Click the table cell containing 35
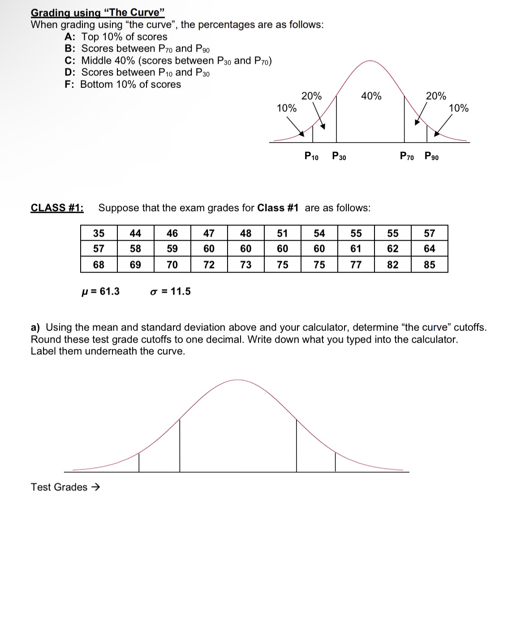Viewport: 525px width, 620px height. pos(99,233)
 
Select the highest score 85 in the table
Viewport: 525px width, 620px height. pos(429,264)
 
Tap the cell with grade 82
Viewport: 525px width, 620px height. pos(392,264)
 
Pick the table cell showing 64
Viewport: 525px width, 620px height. pos(429,249)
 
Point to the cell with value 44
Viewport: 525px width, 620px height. pos(135,233)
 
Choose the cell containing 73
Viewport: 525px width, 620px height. pos(245,264)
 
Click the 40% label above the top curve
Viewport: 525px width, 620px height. pos(371,96)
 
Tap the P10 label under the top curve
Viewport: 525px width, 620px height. pos(311,156)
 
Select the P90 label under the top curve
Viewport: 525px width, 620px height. pos(431,156)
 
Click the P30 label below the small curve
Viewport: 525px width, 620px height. pos(339,156)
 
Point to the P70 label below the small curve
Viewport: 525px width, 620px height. pos(407,156)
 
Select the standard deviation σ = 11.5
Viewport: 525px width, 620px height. pos(170,291)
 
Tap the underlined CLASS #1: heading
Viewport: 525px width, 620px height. pos(57,208)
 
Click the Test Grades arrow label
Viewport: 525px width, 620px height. pos(65,487)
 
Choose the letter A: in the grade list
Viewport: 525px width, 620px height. pos(70,37)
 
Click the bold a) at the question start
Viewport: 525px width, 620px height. pos(35,327)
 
